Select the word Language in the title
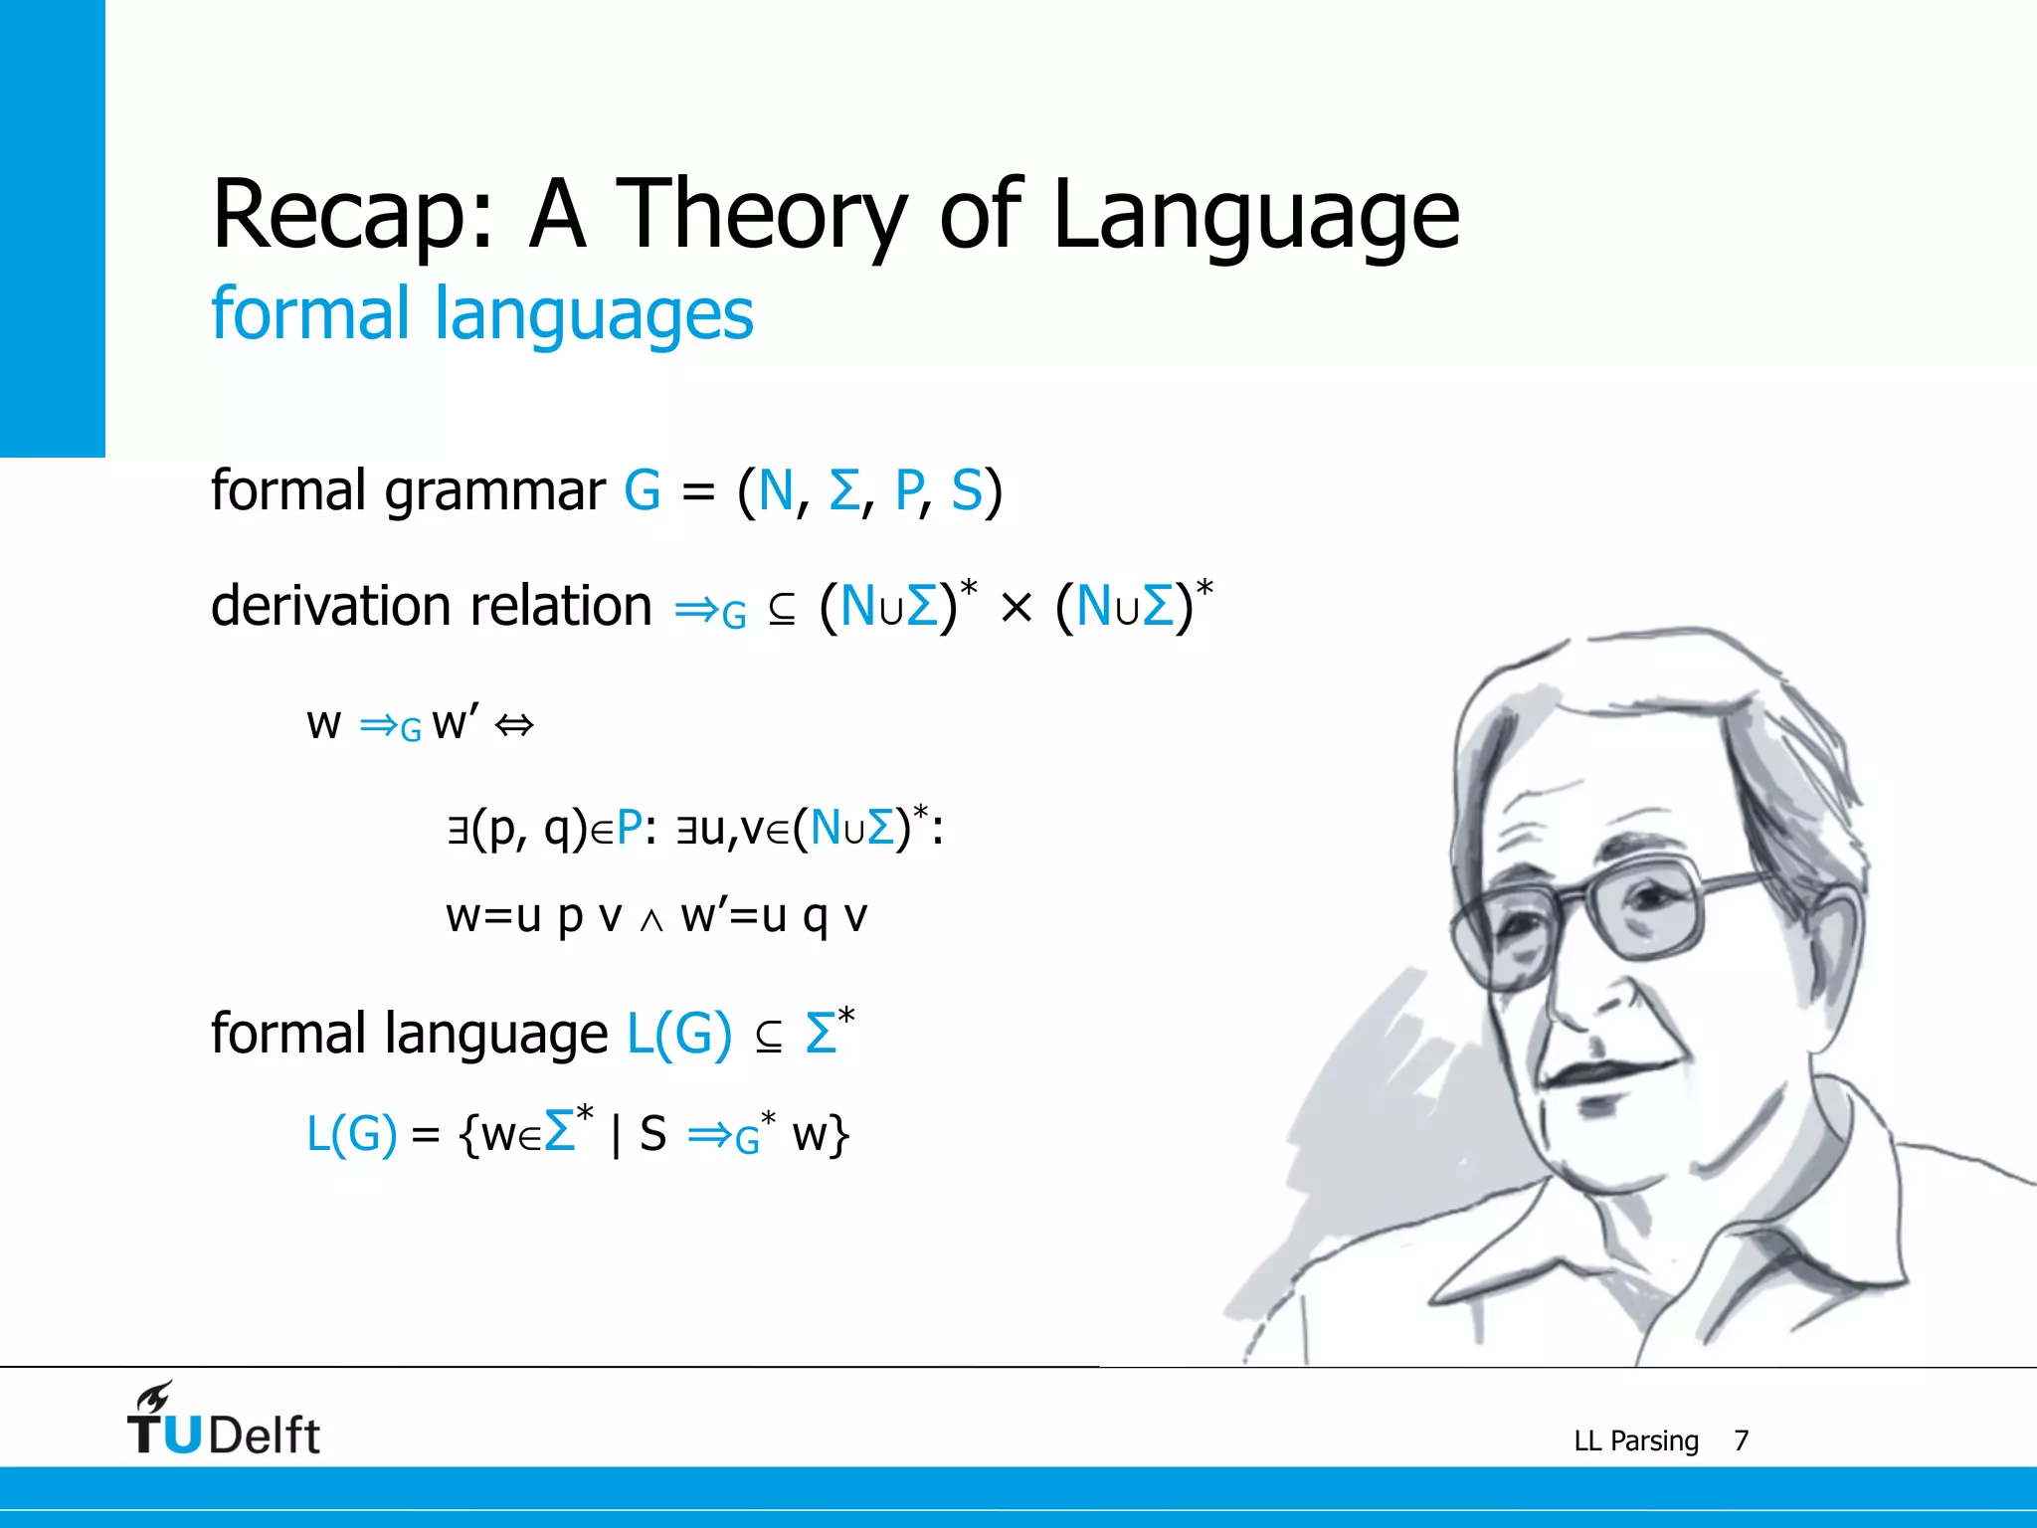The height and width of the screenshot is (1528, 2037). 1255,216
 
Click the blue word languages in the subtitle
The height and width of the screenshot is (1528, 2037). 594,314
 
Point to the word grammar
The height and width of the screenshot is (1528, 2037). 494,492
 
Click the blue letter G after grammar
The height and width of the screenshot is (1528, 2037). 642,491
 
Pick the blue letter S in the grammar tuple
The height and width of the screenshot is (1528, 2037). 966,491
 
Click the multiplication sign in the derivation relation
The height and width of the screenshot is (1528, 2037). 1016,608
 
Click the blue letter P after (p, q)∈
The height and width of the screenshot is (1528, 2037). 629,828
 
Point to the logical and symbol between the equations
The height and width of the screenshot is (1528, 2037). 650,921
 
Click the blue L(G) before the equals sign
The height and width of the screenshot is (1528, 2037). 351,1133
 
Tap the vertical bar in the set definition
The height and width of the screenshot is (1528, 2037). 617,1134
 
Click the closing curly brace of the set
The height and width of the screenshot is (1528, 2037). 839,1135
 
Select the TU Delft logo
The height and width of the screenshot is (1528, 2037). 224,1421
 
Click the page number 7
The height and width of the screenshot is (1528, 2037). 1741,1440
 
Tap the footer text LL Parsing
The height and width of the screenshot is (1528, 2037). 1635,1440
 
